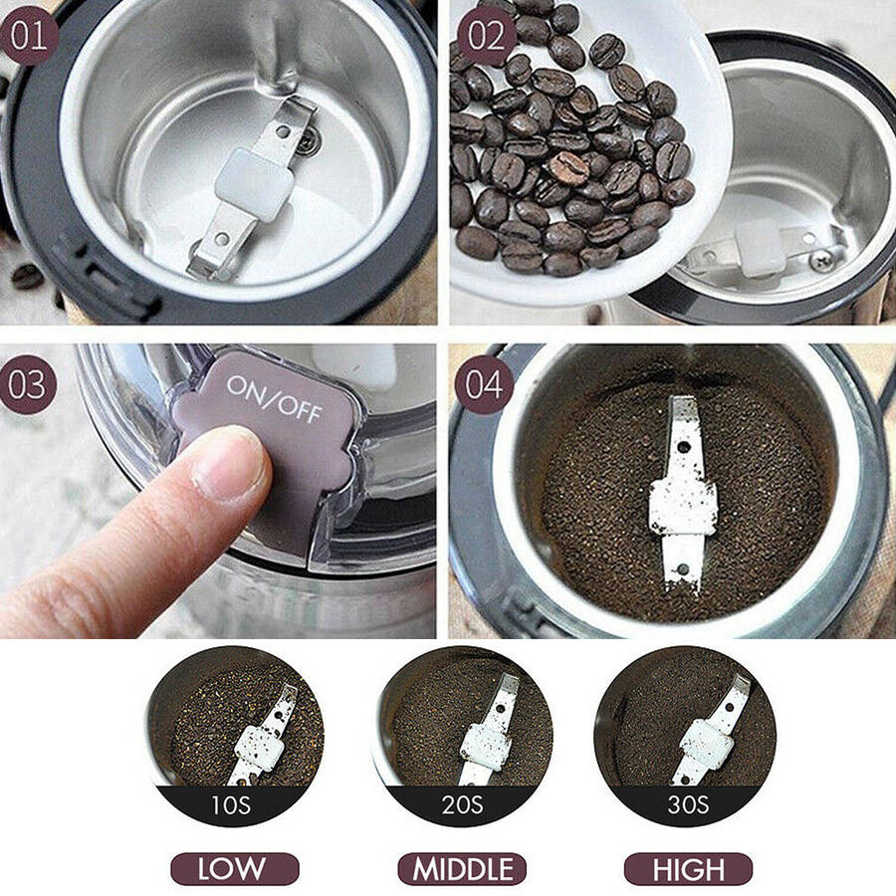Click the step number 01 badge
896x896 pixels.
coord(29,36)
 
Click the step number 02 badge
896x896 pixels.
coord(486,36)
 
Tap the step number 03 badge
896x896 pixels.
coord(27,384)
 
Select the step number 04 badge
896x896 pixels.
coord(484,384)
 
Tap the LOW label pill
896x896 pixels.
coord(235,869)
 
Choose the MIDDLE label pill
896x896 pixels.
coord(462,869)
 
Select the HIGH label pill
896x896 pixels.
coord(689,869)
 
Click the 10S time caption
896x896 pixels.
coord(231,804)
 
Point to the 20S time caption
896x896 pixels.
coord(462,804)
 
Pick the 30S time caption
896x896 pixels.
coord(688,804)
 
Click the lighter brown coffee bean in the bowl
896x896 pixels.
coord(569,167)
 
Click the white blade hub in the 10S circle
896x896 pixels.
coord(257,748)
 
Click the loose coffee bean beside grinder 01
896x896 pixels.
coord(27,277)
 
